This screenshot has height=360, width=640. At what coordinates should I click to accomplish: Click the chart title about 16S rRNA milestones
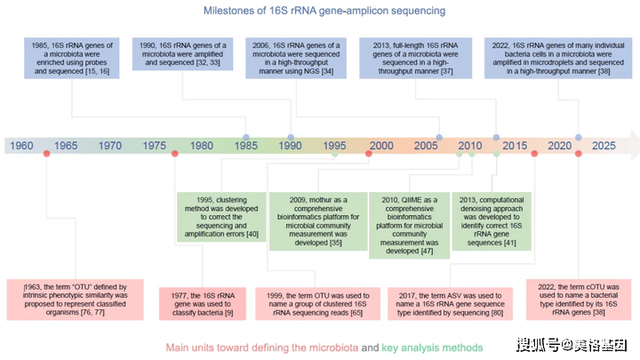[324, 11]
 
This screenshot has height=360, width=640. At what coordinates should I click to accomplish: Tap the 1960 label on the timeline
[21, 146]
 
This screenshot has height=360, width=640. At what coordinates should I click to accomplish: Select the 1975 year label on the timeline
[155, 146]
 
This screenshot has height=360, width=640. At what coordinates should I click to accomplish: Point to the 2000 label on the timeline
[381, 146]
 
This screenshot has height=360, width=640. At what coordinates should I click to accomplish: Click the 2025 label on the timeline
[604, 146]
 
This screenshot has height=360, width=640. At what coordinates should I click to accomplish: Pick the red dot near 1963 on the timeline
[46, 154]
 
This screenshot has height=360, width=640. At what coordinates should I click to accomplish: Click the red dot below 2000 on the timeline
[369, 154]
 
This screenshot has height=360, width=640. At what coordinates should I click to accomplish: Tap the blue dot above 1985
[245, 138]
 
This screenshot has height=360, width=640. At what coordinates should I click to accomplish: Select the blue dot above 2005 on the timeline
[439, 138]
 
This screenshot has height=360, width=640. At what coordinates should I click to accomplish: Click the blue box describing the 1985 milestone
[72, 58]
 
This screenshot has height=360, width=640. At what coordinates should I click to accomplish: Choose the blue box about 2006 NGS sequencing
[296, 58]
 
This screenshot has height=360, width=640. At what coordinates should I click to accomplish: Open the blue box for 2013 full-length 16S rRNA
[415, 58]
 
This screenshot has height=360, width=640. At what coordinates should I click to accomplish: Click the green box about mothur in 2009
[318, 221]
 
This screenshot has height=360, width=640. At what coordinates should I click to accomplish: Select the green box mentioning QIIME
[410, 225]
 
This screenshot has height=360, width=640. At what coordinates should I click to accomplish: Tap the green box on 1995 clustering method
[221, 217]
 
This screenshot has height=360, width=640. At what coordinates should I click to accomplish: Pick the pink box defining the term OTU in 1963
[75, 300]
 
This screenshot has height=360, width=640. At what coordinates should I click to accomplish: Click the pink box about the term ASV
[450, 304]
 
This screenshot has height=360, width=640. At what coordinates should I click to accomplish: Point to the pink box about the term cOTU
[579, 300]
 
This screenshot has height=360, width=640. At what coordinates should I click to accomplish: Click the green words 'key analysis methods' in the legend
[432, 348]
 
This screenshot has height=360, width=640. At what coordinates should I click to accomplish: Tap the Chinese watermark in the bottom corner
[572, 345]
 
